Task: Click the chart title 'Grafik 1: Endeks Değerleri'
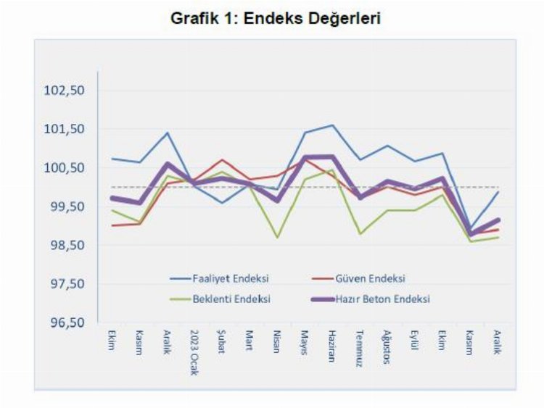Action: [x=276, y=20]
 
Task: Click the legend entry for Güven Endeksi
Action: [x=370, y=278]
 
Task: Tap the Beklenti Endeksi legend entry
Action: [x=231, y=299]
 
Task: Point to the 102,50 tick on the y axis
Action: [x=65, y=91]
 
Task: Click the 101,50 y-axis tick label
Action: [x=65, y=129]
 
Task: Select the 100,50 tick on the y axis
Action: [x=65, y=168]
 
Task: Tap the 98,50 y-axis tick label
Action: [x=65, y=245]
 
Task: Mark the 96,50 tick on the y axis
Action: [x=65, y=322]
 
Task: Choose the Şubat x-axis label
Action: [x=222, y=343]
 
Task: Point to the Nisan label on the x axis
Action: [x=277, y=343]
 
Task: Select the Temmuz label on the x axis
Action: [x=359, y=347]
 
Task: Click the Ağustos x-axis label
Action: [x=387, y=346]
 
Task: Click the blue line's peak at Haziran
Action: [x=332, y=125]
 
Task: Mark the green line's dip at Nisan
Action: [x=277, y=237]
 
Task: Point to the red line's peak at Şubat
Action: [x=222, y=159]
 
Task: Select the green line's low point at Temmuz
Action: [x=360, y=233]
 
